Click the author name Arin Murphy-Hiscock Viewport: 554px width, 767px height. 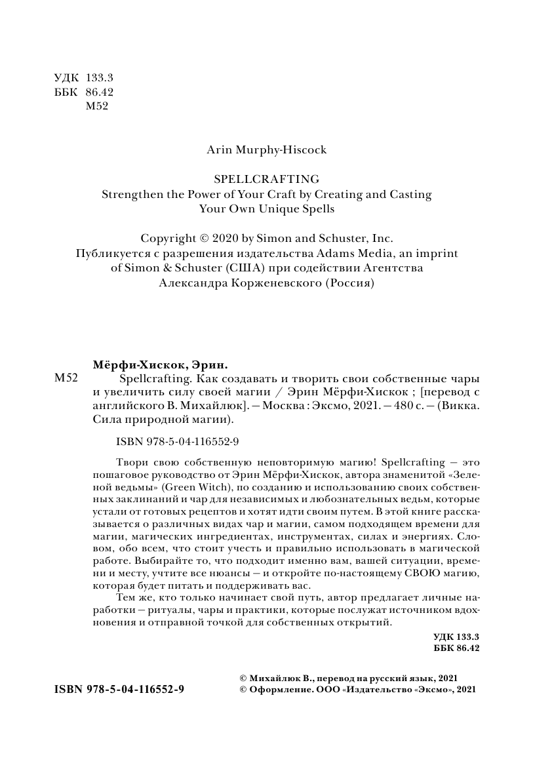[x=266, y=149]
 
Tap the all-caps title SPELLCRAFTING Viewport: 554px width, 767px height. [x=267, y=178]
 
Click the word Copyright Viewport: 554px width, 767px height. [x=168, y=239]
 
